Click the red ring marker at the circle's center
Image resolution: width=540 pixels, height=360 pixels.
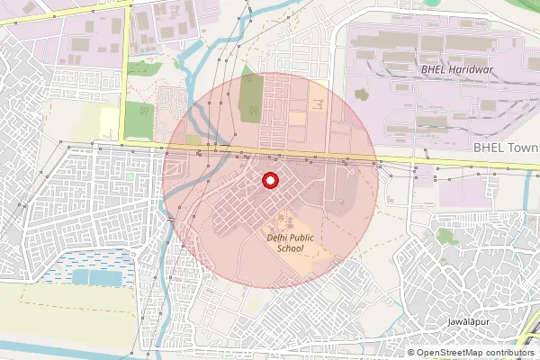coord(269,181)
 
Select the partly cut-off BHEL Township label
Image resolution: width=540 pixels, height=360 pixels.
coord(507,147)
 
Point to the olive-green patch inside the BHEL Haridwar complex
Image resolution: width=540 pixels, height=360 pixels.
coord(362,93)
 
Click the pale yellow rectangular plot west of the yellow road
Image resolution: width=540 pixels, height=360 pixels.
coord(111,119)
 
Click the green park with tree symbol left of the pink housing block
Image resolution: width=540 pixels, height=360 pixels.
coord(140,115)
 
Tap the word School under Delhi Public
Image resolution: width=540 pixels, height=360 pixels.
coord(290,248)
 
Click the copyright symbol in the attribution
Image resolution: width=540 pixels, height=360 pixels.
coord(411,353)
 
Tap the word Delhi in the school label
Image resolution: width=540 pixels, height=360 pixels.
coord(276,238)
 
